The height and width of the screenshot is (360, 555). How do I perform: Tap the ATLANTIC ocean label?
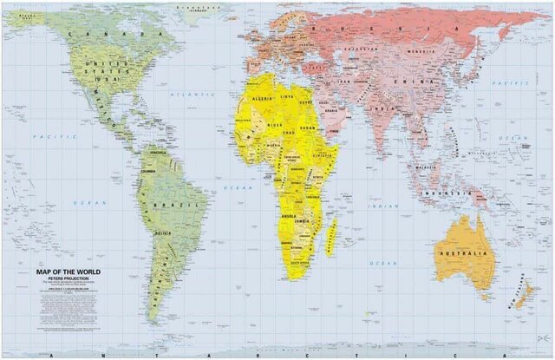[x=186, y=94]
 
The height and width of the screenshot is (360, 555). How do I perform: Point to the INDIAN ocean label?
[x=385, y=206]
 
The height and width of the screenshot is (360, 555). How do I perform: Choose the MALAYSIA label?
[x=423, y=167]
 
